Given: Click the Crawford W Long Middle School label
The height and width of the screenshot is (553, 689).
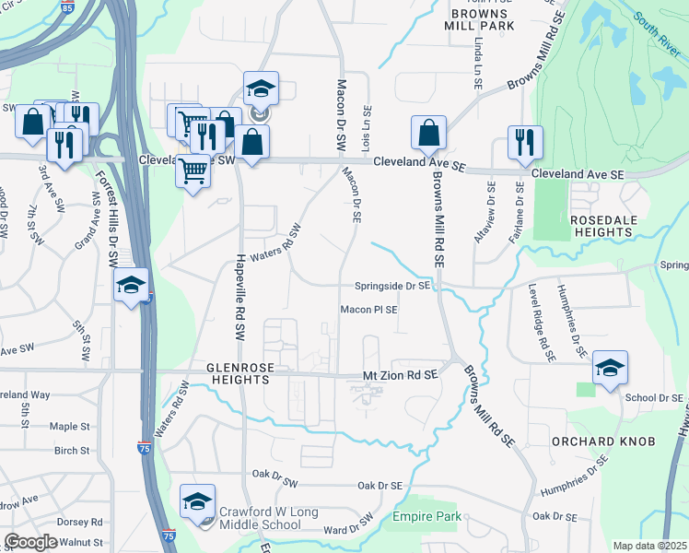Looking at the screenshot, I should click(x=259, y=518).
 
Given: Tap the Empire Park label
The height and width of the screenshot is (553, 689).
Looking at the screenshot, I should click(x=427, y=517).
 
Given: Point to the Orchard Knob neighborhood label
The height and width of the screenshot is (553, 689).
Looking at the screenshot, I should click(x=603, y=441).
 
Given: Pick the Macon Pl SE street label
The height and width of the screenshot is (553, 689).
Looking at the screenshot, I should click(x=369, y=311).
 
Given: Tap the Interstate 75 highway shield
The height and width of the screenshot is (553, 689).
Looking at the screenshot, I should click(x=144, y=447).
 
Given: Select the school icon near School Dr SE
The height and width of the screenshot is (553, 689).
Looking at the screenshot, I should click(x=610, y=368).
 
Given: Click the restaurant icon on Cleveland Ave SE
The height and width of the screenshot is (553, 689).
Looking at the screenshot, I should click(x=524, y=142).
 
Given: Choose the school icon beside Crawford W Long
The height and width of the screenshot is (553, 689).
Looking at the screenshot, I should click(x=197, y=501).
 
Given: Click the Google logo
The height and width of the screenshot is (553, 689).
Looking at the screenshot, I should click(x=30, y=542).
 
